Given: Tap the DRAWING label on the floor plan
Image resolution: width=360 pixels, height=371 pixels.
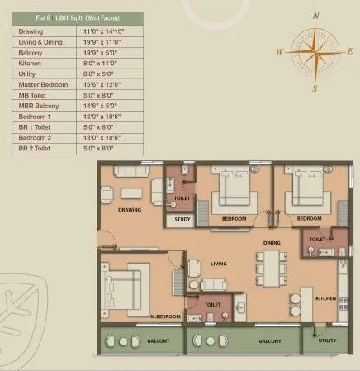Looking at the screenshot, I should pyautogui.click(x=130, y=210).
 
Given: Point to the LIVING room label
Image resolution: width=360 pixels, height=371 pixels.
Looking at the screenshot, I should pyautogui.click(x=218, y=264).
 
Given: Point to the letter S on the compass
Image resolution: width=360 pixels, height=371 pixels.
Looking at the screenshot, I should pyautogui.click(x=314, y=87).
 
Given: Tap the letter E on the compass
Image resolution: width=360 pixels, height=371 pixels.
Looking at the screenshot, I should pyautogui.click(x=349, y=51).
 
